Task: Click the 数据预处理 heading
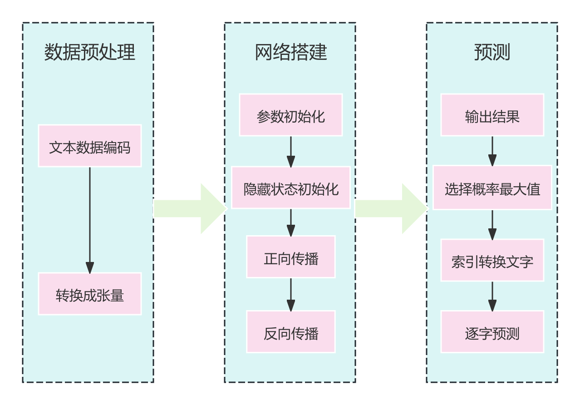[89, 52]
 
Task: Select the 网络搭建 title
[290, 52]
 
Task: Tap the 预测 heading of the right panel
[492, 52]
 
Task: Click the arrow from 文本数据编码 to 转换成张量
[89, 220]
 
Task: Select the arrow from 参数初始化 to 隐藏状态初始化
[290, 151]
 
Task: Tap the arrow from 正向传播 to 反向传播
[290, 294]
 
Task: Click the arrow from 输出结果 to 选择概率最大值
[492, 151]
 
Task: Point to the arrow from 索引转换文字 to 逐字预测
[492, 296]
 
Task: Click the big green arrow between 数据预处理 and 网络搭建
[189, 209]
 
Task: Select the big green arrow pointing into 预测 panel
[391, 209]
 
